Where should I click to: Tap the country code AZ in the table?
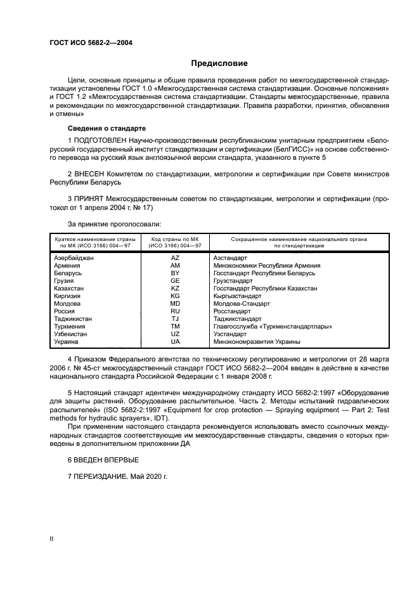click(176, 258)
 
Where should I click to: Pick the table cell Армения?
click(68, 266)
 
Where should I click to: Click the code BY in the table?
click(176, 273)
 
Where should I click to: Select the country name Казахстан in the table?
click(71, 288)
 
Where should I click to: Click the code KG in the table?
click(176, 296)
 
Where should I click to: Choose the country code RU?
click(176, 311)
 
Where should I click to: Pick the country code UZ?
click(176, 334)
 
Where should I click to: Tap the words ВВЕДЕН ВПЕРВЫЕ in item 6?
click(107, 459)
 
